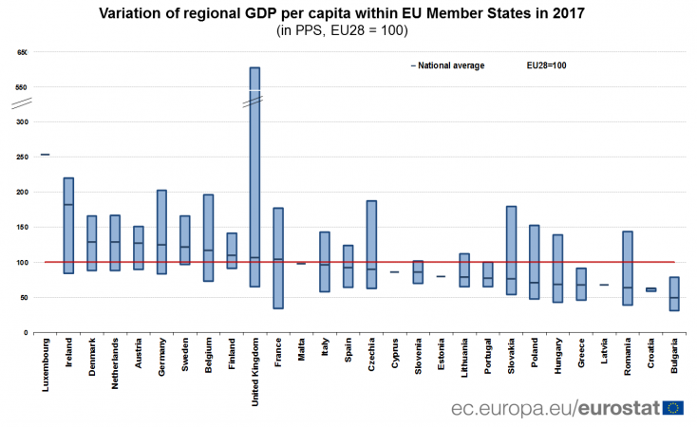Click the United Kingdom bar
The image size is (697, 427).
tap(254, 176)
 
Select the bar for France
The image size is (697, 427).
tap(278, 257)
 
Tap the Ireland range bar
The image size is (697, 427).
tap(68, 225)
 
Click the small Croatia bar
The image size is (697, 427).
tap(650, 289)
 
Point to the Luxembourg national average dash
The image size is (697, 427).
tap(46, 154)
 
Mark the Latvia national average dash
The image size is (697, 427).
tap(604, 285)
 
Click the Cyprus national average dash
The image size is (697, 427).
tap(394, 272)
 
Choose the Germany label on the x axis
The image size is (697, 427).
tap(161, 357)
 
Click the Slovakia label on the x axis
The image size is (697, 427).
tap(511, 357)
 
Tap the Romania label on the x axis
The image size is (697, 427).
tap(627, 358)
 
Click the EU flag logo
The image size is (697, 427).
tap(675, 407)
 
